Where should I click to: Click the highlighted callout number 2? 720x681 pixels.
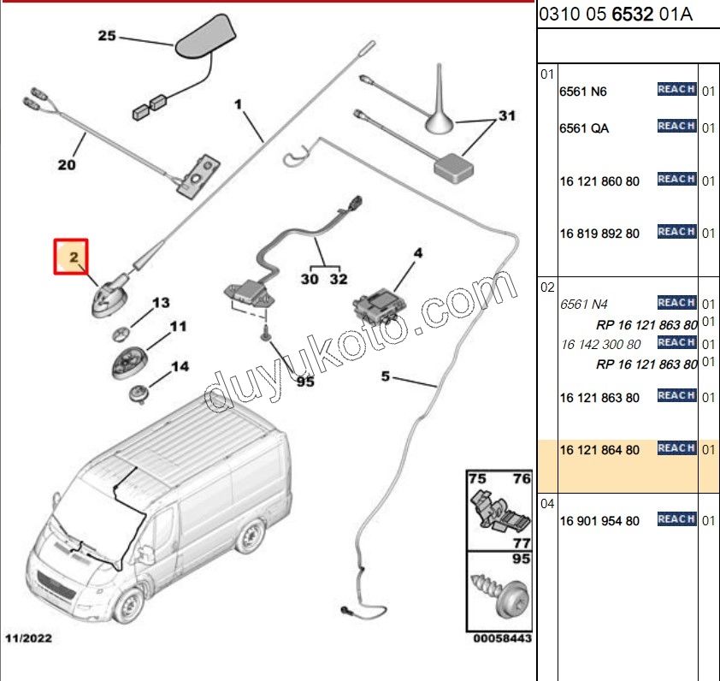tap(74, 256)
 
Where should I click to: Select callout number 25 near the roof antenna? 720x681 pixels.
tap(107, 36)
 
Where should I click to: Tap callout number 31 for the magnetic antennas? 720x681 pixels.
tap(507, 115)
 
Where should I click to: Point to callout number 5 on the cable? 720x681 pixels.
tap(386, 376)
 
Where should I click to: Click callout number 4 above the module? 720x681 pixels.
tap(418, 253)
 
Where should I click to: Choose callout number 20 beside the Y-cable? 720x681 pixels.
tap(67, 164)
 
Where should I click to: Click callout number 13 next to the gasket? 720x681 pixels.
tap(161, 303)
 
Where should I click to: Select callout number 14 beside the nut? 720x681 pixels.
tap(179, 367)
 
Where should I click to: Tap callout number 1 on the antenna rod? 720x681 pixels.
tap(239, 105)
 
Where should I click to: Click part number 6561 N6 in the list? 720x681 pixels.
tap(583, 92)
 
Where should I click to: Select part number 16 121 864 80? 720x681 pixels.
tap(599, 450)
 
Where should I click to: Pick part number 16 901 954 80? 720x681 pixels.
tap(599, 521)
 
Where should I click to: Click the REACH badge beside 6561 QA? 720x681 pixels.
tap(676, 127)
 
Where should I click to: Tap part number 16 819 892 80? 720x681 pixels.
tap(599, 234)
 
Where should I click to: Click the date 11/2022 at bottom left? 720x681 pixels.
tap(28, 638)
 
